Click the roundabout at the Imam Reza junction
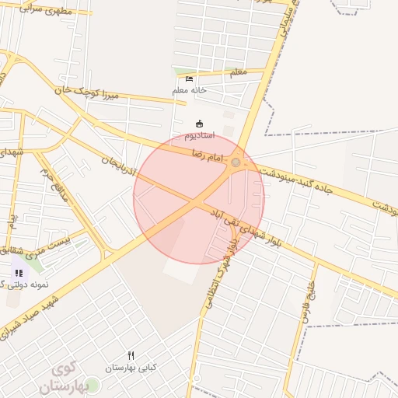pyautogui.click(x=236, y=162)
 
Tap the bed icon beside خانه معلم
pyautogui.click(x=189, y=79)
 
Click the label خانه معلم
pyautogui.click(x=190, y=91)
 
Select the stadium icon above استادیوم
pyautogui.click(x=200, y=123)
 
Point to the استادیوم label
pyautogui.click(x=201, y=136)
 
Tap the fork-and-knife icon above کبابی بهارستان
pyautogui.click(x=131, y=354)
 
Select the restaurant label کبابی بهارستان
pyautogui.click(x=131, y=367)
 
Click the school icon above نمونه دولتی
pyautogui.click(x=19, y=273)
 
